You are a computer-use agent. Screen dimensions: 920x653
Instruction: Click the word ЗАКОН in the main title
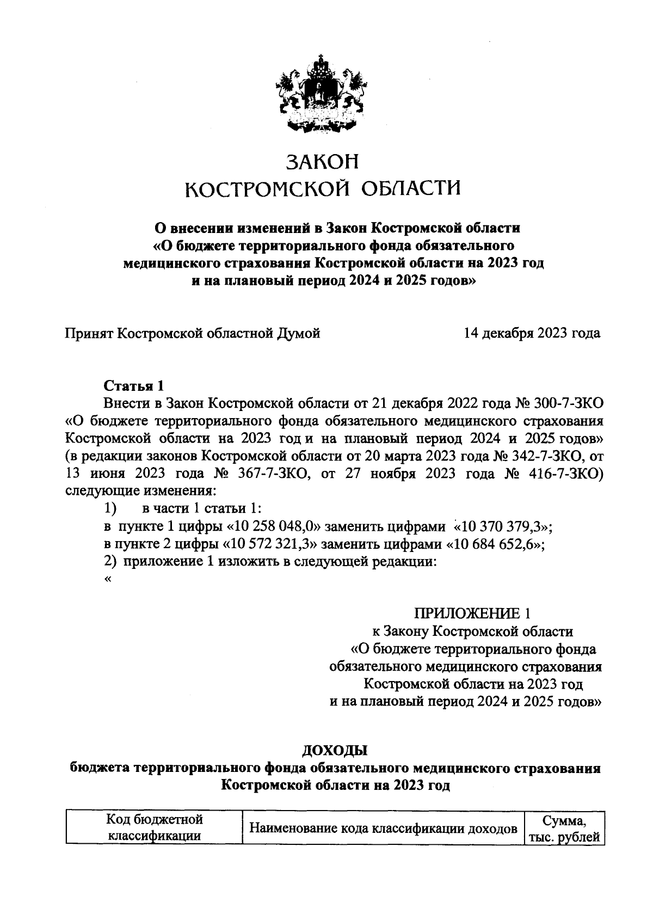tap(323, 162)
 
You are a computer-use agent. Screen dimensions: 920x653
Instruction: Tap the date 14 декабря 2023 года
tap(532, 333)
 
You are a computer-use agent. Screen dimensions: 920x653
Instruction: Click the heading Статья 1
tap(134, 386)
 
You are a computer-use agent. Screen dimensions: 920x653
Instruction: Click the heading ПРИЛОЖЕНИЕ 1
tap(472, 614)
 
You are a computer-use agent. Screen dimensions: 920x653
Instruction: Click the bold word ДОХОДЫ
tap(335, 751)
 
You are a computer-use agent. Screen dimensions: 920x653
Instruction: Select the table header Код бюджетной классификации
tap(154, 828)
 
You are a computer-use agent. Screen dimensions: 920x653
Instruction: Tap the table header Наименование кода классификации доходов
tap(383, 829)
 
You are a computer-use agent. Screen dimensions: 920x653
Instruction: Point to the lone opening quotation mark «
tap(107, 579)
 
